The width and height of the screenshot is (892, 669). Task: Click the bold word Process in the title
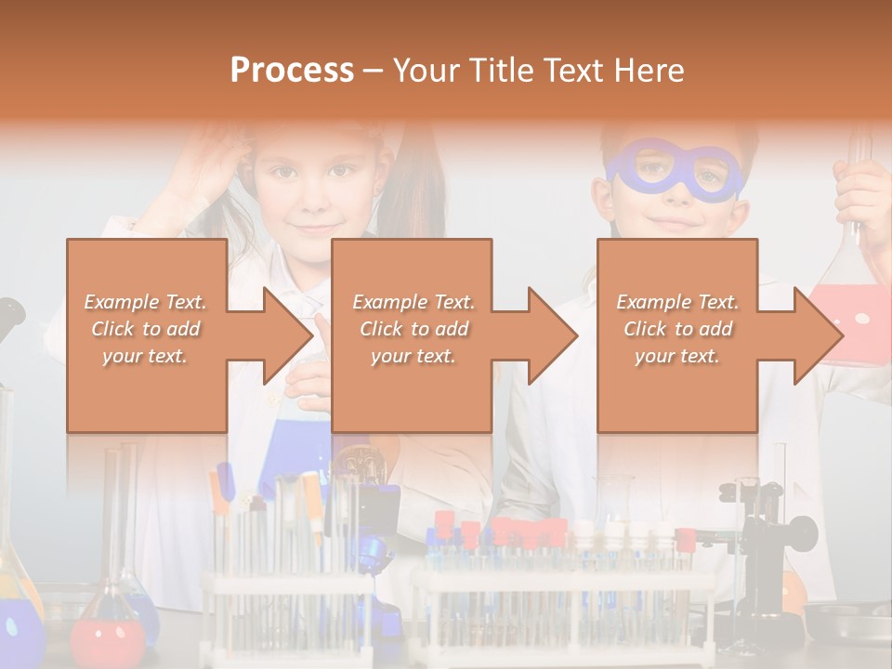tap(292, 70)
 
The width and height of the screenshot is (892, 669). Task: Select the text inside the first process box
tap(146, 329)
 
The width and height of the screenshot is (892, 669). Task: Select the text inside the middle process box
tap(413, 329)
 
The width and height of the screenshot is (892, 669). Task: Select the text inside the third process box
tap(677, 329)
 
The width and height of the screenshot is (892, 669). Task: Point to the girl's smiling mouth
tap(316, 228)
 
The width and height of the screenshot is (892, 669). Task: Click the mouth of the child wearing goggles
tap(676, 223)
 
